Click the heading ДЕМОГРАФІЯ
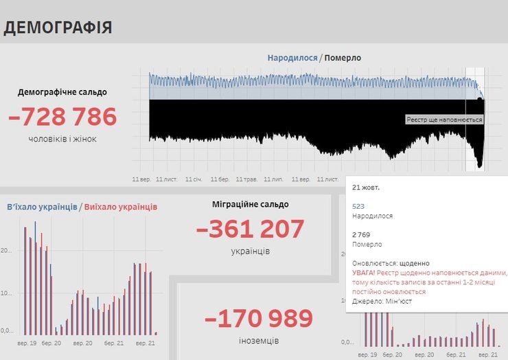(x=58, y=27)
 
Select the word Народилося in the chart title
(x=292, y=58)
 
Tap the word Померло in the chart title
(x=343, y=58)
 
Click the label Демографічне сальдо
(x=62, y=92)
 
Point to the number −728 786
(x=62, y=117)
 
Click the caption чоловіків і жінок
(x=62, y=139)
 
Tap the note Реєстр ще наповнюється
(x=444, y=120)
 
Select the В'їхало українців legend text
(x=41, y=207)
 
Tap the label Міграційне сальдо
(x=250, y=204)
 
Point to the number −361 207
(x=250, y=229)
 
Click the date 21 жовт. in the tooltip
(x=366, y=187)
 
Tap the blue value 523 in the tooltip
(x=358, y=205)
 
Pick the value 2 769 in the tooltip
(x=362, y=234)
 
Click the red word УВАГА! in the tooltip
(x=363, y=273)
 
